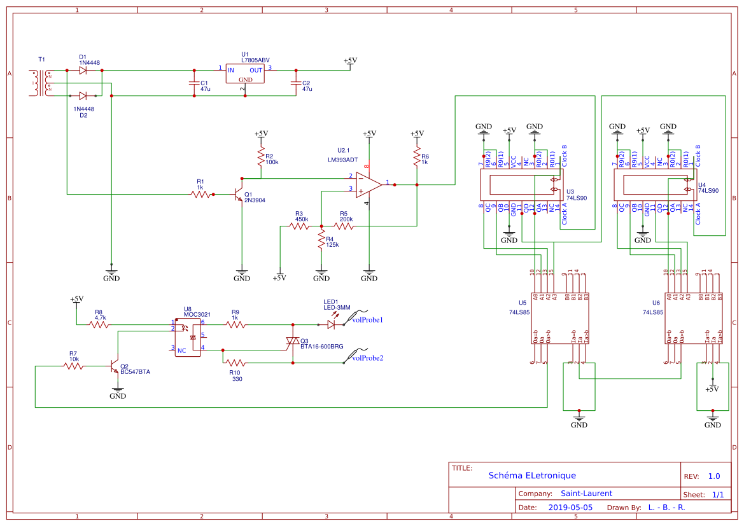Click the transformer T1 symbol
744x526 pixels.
(42, 83)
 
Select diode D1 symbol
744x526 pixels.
(83, 71)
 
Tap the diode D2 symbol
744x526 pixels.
(83, 96)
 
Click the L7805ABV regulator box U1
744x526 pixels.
(244, 74)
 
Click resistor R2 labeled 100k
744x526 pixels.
(260, 156)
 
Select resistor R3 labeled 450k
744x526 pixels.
(300, 226)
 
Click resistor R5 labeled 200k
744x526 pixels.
(344, 226)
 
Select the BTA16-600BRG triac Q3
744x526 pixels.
(293, 343)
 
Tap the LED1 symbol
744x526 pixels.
(331, 324)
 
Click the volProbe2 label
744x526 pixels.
(367, 358)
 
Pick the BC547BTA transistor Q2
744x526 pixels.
(116, 366)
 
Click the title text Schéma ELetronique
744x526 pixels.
(532, 476)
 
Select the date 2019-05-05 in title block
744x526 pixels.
(570, 508)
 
